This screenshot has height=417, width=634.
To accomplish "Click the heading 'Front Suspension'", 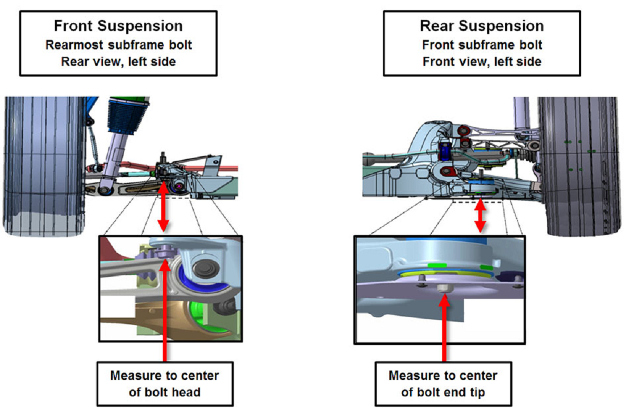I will [x=118, y=26].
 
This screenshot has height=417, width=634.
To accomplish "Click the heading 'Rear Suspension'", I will [x=481, y=26].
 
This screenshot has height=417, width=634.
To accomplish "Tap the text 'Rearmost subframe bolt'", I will [x=118, y=44].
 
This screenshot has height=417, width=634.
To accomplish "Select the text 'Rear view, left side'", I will [x=118, y=61].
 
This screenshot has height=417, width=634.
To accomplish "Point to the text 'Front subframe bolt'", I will [x=482, y=44].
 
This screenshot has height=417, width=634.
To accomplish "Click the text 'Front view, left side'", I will [x=482, y=61].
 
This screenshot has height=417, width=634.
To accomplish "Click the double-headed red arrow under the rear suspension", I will [x=480, y=216].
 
